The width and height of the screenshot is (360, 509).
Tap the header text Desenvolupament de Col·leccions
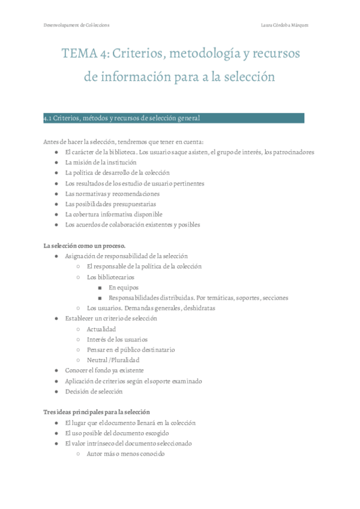(76, 25)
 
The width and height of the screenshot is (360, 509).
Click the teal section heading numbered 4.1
(126, 118)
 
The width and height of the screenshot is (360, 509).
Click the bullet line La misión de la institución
(100, 162)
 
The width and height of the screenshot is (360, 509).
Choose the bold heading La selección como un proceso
(85, 245)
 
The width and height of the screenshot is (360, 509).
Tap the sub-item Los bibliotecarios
(110, 277)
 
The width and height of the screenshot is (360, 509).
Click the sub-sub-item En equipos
(123, 288)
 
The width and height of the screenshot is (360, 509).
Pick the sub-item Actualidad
(101, 329)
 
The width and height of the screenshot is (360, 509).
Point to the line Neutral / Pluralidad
(113, 360)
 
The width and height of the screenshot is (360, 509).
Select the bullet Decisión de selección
(94, 391)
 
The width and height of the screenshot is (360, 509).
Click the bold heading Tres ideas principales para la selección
(97, 412)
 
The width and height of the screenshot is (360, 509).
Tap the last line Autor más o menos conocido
(125, 454)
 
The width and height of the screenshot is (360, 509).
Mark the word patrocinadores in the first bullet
(290, 152)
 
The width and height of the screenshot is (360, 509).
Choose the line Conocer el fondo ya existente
(104, 370)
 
